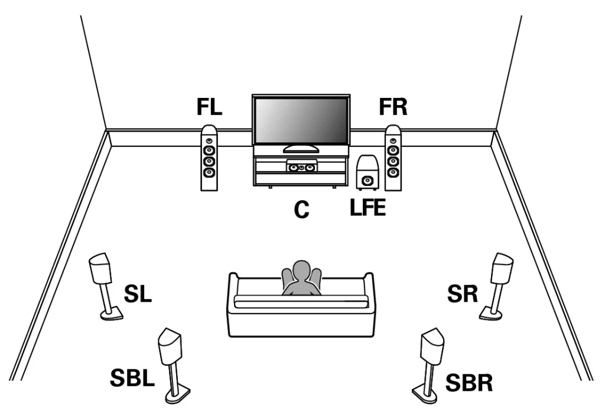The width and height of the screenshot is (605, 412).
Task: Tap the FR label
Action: [x=393, y=107]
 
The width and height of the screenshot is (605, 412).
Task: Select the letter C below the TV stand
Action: [x=302, y=210]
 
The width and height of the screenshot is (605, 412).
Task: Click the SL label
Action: [x=137, y=293]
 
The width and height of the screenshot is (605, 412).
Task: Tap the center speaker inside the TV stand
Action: [x=302, y=168]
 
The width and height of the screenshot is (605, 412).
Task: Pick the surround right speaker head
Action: [x=503, y=268]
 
